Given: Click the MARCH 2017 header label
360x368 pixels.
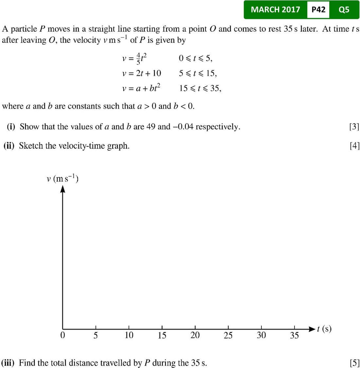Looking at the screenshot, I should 275,9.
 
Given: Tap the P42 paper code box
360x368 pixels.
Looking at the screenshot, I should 318,9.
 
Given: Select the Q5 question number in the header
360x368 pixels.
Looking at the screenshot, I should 344,9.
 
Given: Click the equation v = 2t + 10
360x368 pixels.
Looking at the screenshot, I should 141,73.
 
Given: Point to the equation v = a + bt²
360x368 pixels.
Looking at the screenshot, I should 141,88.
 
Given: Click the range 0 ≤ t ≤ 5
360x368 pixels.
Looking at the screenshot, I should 196,58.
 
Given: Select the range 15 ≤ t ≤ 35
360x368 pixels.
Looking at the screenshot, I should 200,88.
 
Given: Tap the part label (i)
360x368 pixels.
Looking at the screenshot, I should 11,127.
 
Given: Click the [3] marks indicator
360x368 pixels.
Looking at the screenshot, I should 354,127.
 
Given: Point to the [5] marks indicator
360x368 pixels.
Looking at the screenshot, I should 354,363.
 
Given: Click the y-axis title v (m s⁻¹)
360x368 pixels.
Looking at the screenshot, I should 62,179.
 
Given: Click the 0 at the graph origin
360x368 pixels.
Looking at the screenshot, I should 63,336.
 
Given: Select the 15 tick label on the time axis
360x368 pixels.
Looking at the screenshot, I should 162,336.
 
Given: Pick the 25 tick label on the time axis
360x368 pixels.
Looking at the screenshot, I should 228,336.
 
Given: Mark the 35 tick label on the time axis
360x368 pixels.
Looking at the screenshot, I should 294,336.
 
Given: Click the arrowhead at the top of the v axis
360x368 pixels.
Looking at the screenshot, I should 63,190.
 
